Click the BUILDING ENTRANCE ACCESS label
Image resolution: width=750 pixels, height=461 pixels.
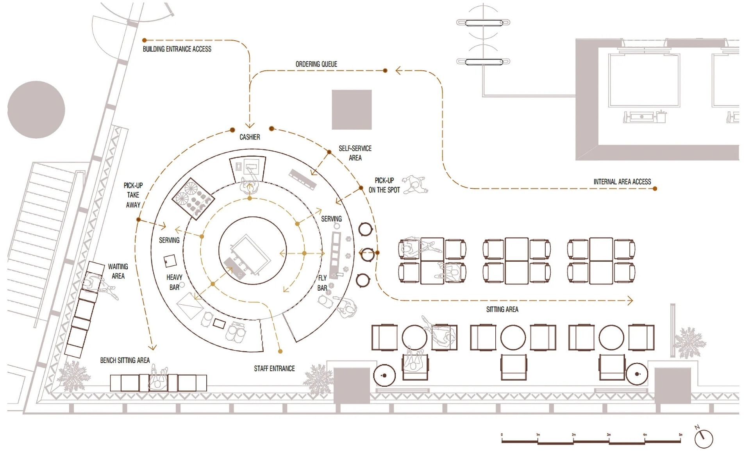tap(177, 49)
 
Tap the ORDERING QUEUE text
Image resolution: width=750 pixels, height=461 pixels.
tap(316, 64)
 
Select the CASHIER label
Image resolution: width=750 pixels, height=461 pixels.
tap(250, 137)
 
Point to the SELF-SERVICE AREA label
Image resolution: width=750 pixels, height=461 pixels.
tap(355, 153)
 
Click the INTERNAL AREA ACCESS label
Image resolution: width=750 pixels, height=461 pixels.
tap(622, 182)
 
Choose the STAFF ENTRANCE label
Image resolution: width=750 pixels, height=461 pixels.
tap(274, 368)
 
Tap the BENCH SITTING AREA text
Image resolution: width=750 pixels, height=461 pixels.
tap(125, 360)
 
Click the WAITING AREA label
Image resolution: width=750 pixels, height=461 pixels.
tap(118, 271)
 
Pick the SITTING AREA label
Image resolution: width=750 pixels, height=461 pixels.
tap(502, 309)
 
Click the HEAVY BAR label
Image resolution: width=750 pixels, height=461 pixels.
tap(174, 282)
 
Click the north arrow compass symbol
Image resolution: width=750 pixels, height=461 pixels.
tap(704, 438)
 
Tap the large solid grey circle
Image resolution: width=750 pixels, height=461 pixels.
tap(36, 110)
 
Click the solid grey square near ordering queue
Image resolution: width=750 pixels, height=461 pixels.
tap(352, 110)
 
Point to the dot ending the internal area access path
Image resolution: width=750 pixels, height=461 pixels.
tap(655, 189)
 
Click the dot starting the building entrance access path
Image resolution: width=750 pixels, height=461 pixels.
tap(145, 40)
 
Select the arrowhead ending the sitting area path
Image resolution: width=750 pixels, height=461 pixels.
tap(630, 300)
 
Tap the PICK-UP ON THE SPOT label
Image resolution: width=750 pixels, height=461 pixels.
tap(384, 185)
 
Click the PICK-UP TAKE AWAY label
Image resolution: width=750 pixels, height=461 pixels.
tap(133, 195)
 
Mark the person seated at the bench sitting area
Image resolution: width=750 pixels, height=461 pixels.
tap(158, 379)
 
